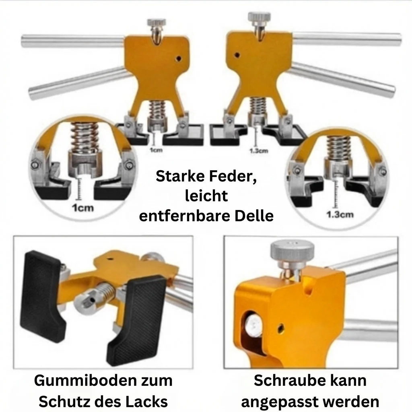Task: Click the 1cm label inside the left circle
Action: (x=83, y=208)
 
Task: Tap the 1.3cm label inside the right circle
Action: (x=340, y=215)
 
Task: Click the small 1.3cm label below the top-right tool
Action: (x=259, y=151)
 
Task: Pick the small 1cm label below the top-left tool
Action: (x=156, y=150)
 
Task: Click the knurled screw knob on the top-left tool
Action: (x=157, y=22)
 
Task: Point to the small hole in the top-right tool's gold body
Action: (x=237, y=55)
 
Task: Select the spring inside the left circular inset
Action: (x=84, y=137)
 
